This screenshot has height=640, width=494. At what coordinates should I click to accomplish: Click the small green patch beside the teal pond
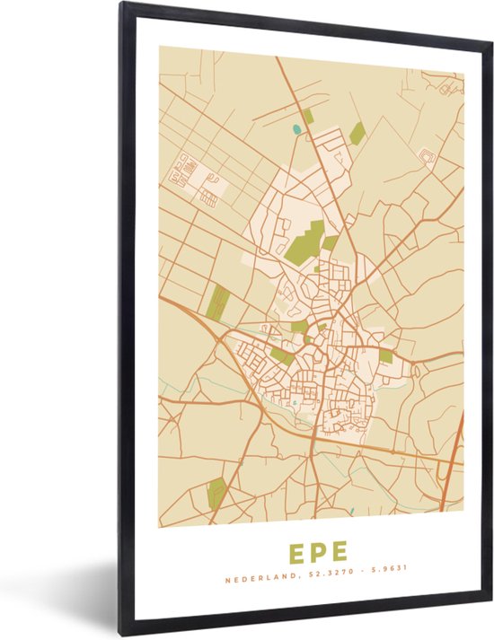308,116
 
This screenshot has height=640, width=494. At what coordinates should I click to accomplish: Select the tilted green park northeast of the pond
357,133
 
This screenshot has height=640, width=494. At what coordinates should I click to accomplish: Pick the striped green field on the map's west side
217,301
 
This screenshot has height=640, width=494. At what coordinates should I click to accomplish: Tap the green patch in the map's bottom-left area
217,492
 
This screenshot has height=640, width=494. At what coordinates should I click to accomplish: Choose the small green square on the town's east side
385,355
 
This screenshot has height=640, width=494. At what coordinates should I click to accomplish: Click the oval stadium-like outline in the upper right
427,157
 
